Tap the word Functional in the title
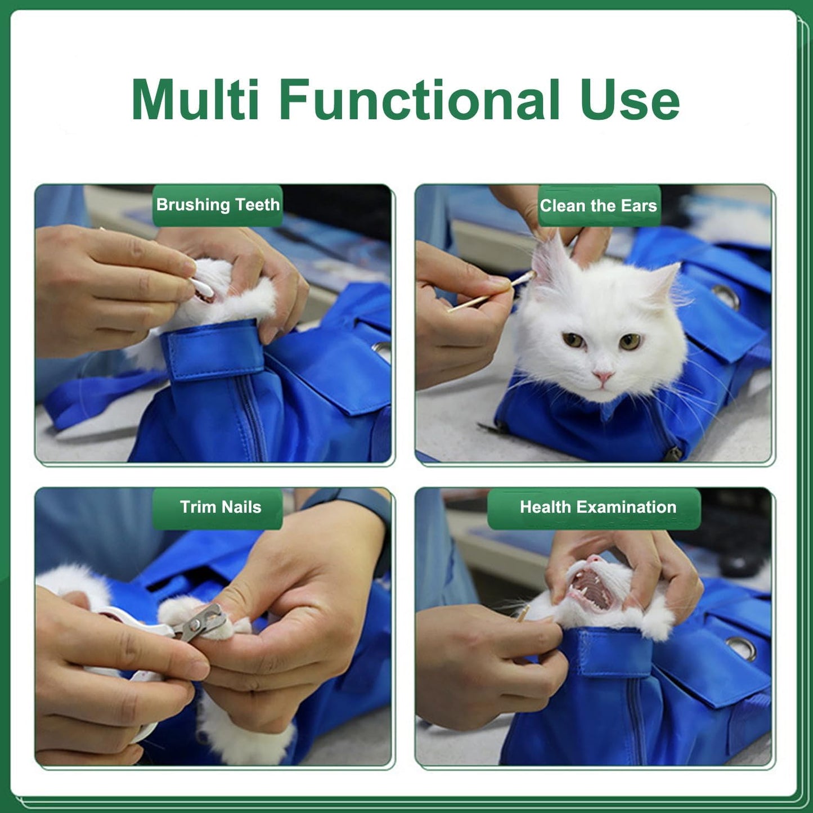pyautogui.click(x=419, y=100)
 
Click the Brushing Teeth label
pyautogui.click(x=218, y=205)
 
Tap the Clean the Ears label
pyautogui.click(x=599, y=206)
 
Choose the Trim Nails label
pyautogui.click(x=220, y=507)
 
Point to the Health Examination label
pyautogui.click(x=598, y=507)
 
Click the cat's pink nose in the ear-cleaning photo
pyautogui.click(x=603, y=376)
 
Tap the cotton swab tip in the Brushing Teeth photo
pyautogui.click(x=204, y=289)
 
